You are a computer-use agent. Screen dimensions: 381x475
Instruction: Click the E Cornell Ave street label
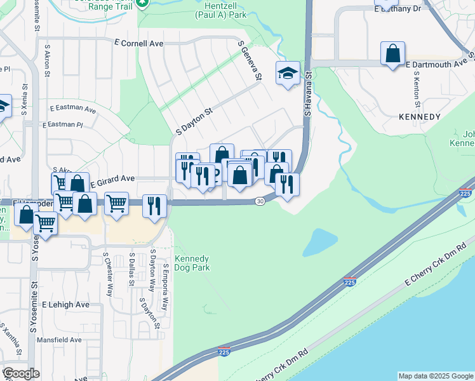click(x=138, y=44)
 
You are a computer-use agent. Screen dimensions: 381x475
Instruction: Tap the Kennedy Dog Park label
click(x=192, y=264)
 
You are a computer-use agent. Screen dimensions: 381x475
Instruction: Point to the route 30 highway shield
click(x=260, y=201)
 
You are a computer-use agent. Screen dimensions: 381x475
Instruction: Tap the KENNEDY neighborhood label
click(x=419, y=117)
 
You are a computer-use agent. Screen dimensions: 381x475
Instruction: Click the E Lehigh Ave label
click(x=66, y=305)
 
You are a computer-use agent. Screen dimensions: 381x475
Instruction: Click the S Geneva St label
click(x=250, y=62)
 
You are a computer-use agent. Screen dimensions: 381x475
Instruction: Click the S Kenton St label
click(x=417, y=88)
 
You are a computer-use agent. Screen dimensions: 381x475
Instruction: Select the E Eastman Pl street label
click(x=63, y=125)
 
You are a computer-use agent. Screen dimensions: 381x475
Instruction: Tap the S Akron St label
click(x=47, y=60)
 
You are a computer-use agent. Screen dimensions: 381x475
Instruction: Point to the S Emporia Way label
click(x=166, y=287)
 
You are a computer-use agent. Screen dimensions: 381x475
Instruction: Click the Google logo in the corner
click(x=21, y=373)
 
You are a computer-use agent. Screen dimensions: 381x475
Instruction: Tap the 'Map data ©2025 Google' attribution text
click(x=435, y=376)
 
